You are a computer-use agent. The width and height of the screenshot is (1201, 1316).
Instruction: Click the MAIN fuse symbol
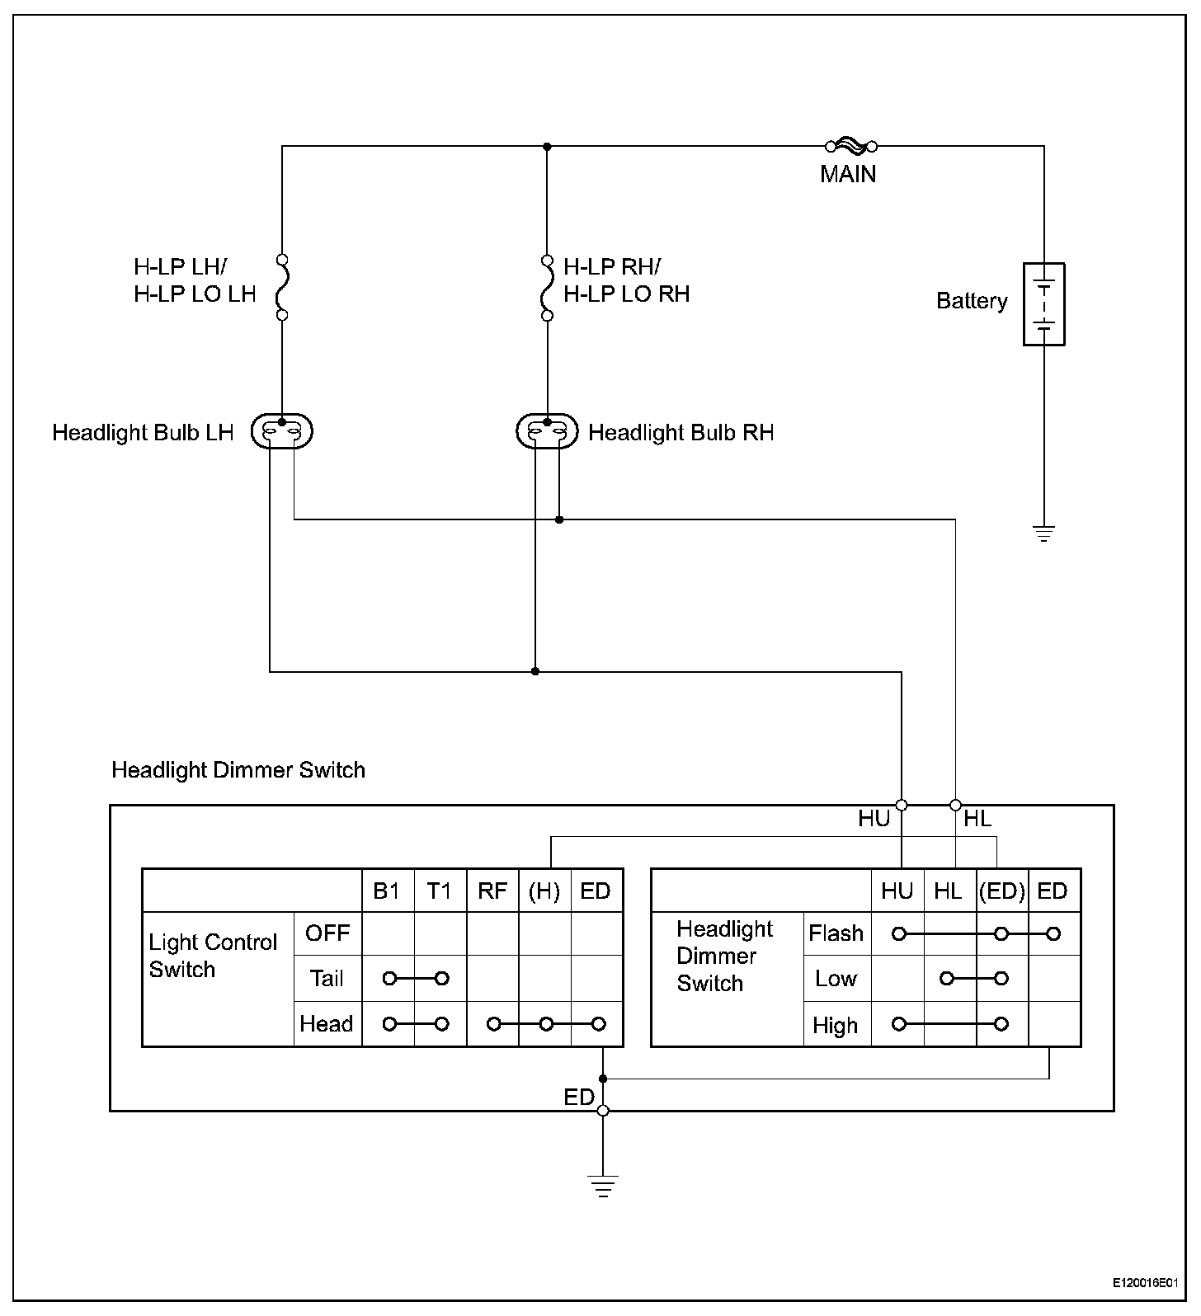tap(850, 147)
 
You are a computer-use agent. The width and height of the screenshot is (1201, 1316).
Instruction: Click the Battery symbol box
tap(1043, 304)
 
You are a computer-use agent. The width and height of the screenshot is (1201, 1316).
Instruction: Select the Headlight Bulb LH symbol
tap(281, 431)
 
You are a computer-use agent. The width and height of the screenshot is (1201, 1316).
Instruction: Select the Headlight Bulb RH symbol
tap(547, 431)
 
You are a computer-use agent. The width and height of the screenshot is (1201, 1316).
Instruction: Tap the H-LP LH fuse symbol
tap(282, 287)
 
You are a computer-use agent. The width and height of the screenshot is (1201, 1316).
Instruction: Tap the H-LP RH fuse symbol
tap(547, 287)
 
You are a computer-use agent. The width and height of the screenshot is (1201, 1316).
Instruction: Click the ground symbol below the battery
tap(1044, 533)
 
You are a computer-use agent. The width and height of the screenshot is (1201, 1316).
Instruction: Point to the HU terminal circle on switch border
tap(902, 805)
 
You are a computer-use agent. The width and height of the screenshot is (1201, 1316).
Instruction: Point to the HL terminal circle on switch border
tap(956, 805)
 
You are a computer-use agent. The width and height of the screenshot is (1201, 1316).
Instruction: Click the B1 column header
tap(387, 891)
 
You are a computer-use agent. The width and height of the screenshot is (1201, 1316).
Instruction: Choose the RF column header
tap(492, 891)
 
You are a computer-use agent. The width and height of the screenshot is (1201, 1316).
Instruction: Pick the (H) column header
tap(544, 891)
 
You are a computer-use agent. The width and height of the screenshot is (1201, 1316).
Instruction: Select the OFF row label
tap(327, 933)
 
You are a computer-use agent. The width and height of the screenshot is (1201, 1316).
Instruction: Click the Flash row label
tap(836, 933)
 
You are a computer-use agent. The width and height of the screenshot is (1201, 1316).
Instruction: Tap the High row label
tap(835, 1026)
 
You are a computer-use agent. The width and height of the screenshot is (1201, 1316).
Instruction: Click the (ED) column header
tap(1002, 891)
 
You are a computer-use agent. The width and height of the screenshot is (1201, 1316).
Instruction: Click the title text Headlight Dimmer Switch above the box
tap(238, 770)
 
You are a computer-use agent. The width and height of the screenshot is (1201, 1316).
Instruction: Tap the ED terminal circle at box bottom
tap(604, 1111)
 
